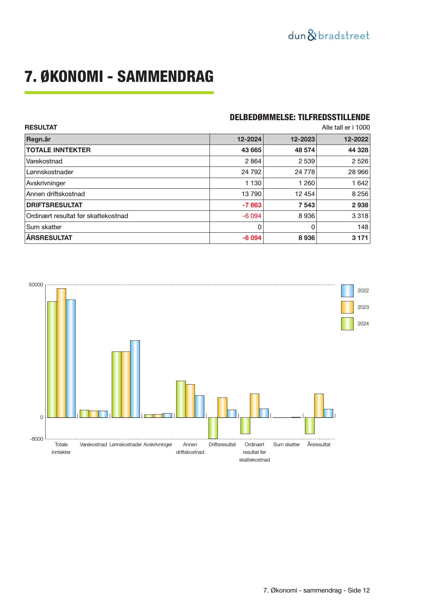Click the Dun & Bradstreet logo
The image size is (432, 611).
click(x=329, y=36)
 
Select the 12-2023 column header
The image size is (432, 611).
click(x=303, y=139)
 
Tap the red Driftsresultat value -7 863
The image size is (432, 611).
click(x=252, y=205)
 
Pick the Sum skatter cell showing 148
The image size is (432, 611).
click(x=363, y=227)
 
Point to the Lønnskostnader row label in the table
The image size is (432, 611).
click(x=50, y=172)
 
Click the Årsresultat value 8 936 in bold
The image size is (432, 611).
click(x=307, y=238)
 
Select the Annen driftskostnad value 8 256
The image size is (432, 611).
click(x=360, y=194)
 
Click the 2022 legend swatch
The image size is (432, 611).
click(x=347, y=291)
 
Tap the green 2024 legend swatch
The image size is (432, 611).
click(x=347, y=324)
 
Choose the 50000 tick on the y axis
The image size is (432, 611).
click(x=36, y=285)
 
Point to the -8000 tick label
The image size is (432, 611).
click(x=37, y=439)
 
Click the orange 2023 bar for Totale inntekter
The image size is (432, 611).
click(x=61, y=353)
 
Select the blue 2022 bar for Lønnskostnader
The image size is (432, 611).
click(x=135, y=379)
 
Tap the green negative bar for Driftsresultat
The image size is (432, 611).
click(x=213, y=428)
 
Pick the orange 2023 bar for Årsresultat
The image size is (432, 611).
click(x=319, y=405)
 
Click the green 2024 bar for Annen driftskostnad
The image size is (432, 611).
click(x=181, y=399)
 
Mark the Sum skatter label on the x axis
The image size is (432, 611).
click(x=286, y=444)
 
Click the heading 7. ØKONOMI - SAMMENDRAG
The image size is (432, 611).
click(x=119, y=77)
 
